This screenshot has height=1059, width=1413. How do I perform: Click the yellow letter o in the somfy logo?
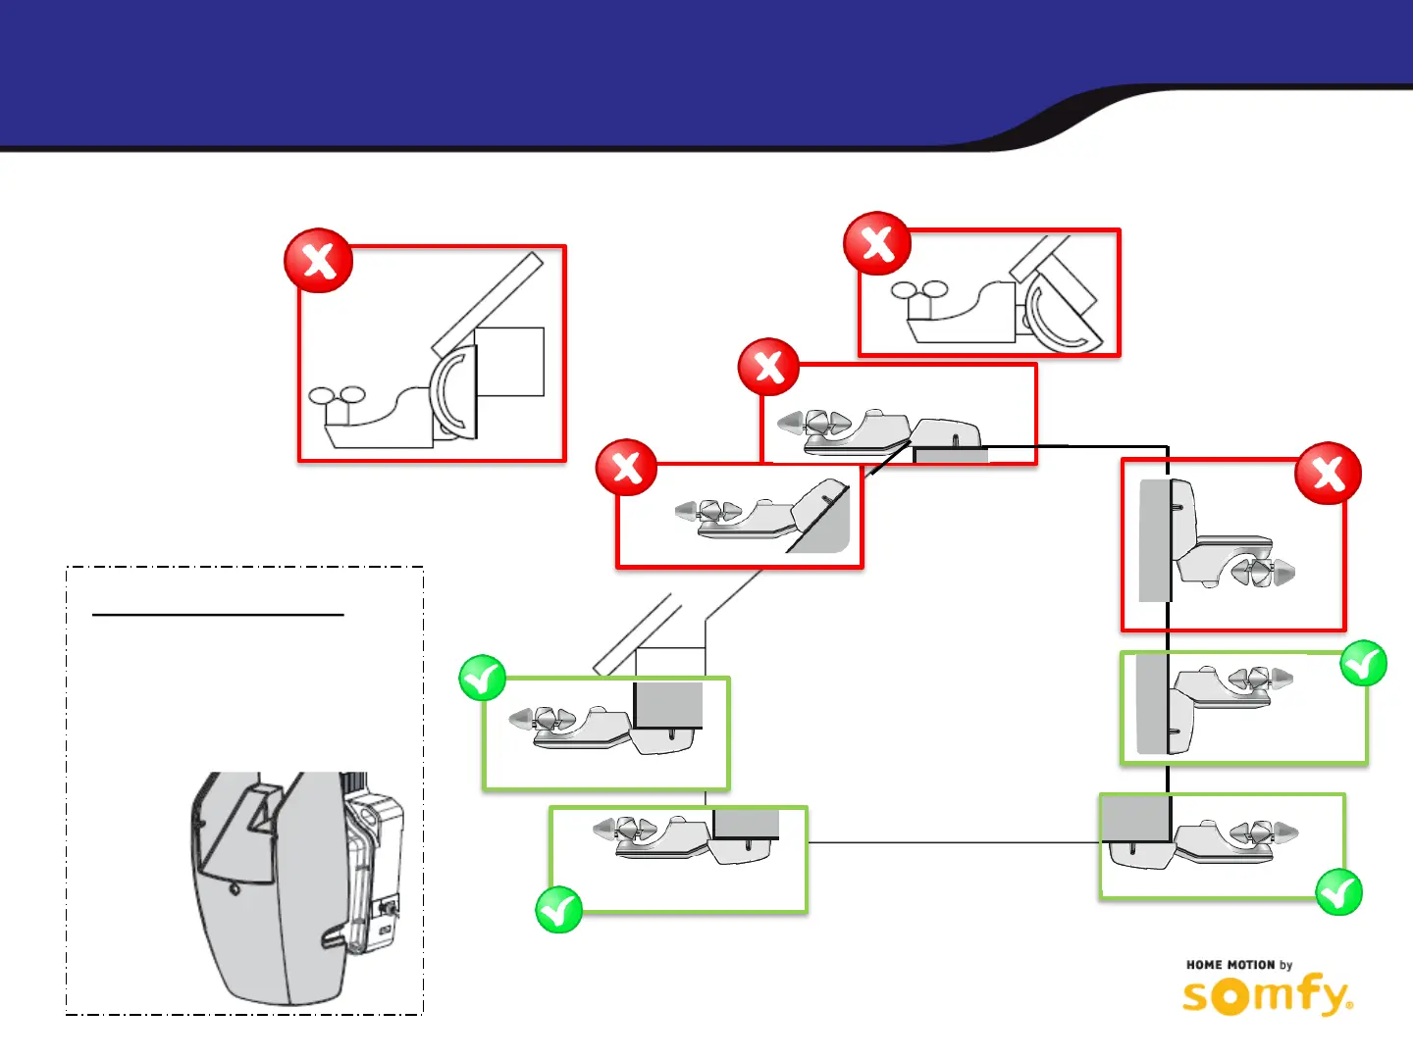(x=1230, y=996)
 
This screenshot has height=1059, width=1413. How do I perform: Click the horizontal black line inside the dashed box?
(x=218, y=615)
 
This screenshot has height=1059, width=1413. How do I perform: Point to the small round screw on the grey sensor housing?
(x=235, y=889)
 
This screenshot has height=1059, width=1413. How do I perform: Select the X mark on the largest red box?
(x=318, y=261)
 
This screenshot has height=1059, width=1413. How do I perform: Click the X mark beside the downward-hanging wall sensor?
(x=1328, y=474)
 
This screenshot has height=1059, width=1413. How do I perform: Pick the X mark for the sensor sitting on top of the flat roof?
(x=768, y=367)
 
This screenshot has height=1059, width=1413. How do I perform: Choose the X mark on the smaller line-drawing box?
(x=876, y=243)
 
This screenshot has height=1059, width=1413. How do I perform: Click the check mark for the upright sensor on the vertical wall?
(x=1363, y=664)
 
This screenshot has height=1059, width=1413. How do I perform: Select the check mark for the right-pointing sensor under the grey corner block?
(x=1338, y=892)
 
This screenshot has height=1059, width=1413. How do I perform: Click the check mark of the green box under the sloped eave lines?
(x=482, y=679)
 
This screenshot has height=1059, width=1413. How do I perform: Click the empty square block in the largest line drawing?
(x=509, y=362)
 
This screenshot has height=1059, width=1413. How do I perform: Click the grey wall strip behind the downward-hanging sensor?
(x=1152, y=540)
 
